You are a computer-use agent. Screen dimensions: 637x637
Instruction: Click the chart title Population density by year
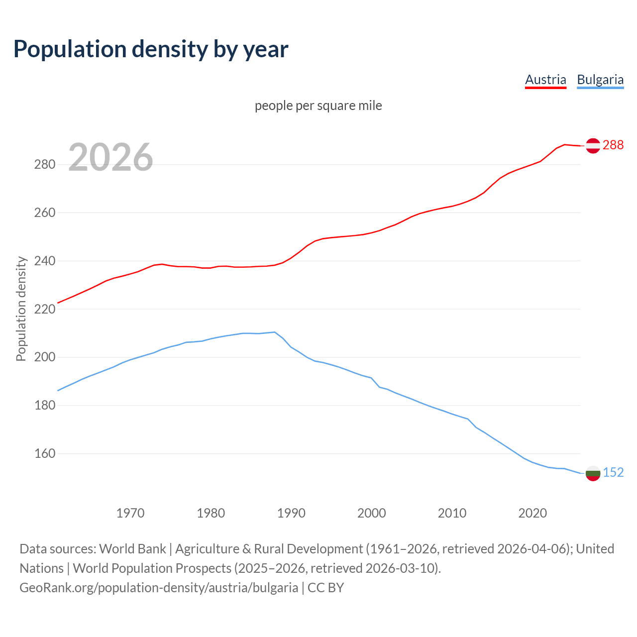151,49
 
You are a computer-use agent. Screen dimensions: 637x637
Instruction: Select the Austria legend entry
545,80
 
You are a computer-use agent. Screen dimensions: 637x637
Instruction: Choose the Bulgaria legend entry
600,80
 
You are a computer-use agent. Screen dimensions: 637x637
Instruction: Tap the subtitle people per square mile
318,106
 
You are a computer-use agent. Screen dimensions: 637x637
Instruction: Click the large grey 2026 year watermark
110,157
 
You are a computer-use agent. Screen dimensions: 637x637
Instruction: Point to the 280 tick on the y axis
44,164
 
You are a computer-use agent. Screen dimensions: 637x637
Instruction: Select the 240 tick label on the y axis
44,261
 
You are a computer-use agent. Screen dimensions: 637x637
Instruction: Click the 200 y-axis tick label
44,357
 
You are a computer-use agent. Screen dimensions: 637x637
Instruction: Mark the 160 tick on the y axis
44,454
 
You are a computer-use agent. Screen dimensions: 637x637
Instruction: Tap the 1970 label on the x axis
130,513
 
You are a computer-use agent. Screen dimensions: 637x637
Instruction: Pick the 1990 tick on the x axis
291,513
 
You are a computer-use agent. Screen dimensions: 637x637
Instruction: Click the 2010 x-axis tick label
452,513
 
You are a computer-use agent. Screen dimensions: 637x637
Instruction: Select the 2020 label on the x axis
532,513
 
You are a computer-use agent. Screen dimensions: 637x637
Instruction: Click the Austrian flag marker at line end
593,145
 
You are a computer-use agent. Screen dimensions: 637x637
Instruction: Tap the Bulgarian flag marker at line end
593,473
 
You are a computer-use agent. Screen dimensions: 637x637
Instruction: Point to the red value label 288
613,145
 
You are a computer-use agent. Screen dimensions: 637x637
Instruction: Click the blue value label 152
613,472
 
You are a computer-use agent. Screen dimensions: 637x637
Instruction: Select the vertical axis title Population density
21,309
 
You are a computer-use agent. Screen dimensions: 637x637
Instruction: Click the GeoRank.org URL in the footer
159,588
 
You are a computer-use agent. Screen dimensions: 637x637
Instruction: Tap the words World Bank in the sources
132,549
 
